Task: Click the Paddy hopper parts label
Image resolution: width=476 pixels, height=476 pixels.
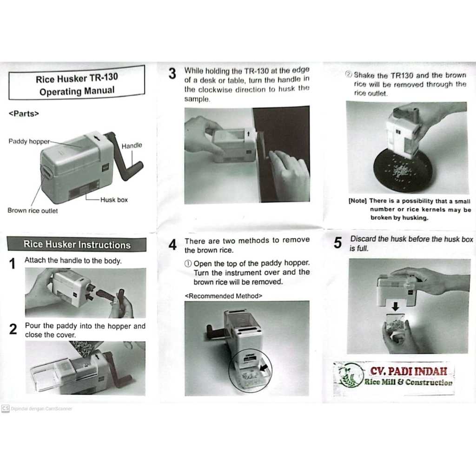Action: pos(29,141)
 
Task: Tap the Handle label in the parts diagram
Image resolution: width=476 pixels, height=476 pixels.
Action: pos(132,145)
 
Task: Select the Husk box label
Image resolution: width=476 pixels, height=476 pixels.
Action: pos(114,200)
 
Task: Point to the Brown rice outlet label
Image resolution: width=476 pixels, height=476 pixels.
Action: pos(33,211)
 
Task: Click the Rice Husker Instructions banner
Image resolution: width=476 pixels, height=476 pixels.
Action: pos(77,245)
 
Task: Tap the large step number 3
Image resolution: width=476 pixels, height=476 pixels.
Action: pos(172,73)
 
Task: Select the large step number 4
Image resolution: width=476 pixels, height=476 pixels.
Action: pos(172,245)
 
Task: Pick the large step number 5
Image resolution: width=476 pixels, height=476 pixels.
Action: pos(337,243)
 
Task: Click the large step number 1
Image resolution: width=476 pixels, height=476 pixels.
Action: pos(12,264)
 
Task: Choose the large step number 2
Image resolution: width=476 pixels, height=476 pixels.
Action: pos(13,329)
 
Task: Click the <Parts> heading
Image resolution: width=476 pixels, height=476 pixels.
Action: pos(24,113)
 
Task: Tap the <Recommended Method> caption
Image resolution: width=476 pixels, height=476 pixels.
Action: pos(224,296)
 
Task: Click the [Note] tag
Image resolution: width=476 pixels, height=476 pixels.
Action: pos(357,201)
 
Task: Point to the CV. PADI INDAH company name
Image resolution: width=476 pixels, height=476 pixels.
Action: pos(409,371)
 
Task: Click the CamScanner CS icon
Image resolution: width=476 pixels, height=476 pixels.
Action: pos(6,408)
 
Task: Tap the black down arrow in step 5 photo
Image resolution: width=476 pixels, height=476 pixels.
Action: pos(395,306)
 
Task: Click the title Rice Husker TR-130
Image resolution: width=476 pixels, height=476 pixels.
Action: pos(77,78)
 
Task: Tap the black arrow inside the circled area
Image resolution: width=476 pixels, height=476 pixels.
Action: pos(264,367)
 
